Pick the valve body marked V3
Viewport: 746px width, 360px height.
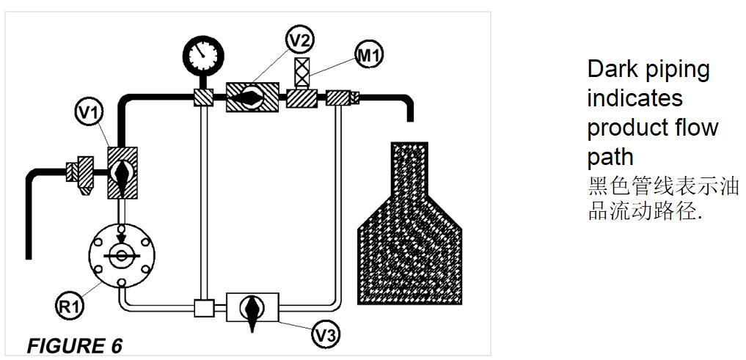coord(252,306)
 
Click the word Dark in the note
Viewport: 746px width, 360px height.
coord(610,70)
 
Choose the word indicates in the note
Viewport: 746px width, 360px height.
coord(635,98)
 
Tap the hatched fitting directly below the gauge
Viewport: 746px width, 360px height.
coord(202,97)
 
